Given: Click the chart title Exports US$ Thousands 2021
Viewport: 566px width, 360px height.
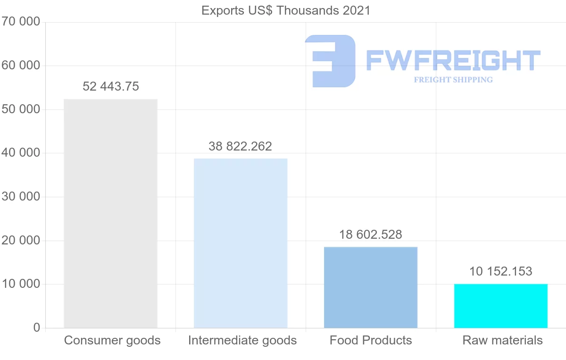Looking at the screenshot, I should [286, 10].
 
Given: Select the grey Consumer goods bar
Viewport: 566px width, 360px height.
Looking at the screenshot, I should [110, 213].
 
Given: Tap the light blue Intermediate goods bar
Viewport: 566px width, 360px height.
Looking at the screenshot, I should [241, 243].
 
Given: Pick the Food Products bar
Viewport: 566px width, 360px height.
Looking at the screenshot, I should [371, 287].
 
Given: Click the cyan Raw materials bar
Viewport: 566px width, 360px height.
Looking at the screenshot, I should [501, 306].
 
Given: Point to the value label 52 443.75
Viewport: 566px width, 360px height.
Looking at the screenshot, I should [111, 86].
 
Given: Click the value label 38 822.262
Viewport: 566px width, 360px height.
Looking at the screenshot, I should [241, 146].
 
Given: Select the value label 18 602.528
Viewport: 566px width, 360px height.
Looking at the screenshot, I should [371, 234].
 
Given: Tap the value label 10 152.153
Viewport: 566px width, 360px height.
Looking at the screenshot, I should [501, 271].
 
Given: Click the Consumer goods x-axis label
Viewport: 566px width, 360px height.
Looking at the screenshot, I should [112, 340].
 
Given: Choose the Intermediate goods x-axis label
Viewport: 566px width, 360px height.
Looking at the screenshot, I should [242, 340].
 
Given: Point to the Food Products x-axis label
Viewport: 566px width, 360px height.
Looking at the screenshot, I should [371, 340].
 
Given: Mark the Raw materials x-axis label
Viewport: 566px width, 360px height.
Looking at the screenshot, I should [503, 340].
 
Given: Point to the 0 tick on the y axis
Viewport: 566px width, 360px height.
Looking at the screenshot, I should [37, 327].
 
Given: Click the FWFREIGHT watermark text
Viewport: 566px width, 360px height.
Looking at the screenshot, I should [453, 60].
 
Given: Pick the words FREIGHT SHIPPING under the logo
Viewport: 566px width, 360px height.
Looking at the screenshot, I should [453, 80].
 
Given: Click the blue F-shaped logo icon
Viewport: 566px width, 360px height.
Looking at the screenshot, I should [330, 61].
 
